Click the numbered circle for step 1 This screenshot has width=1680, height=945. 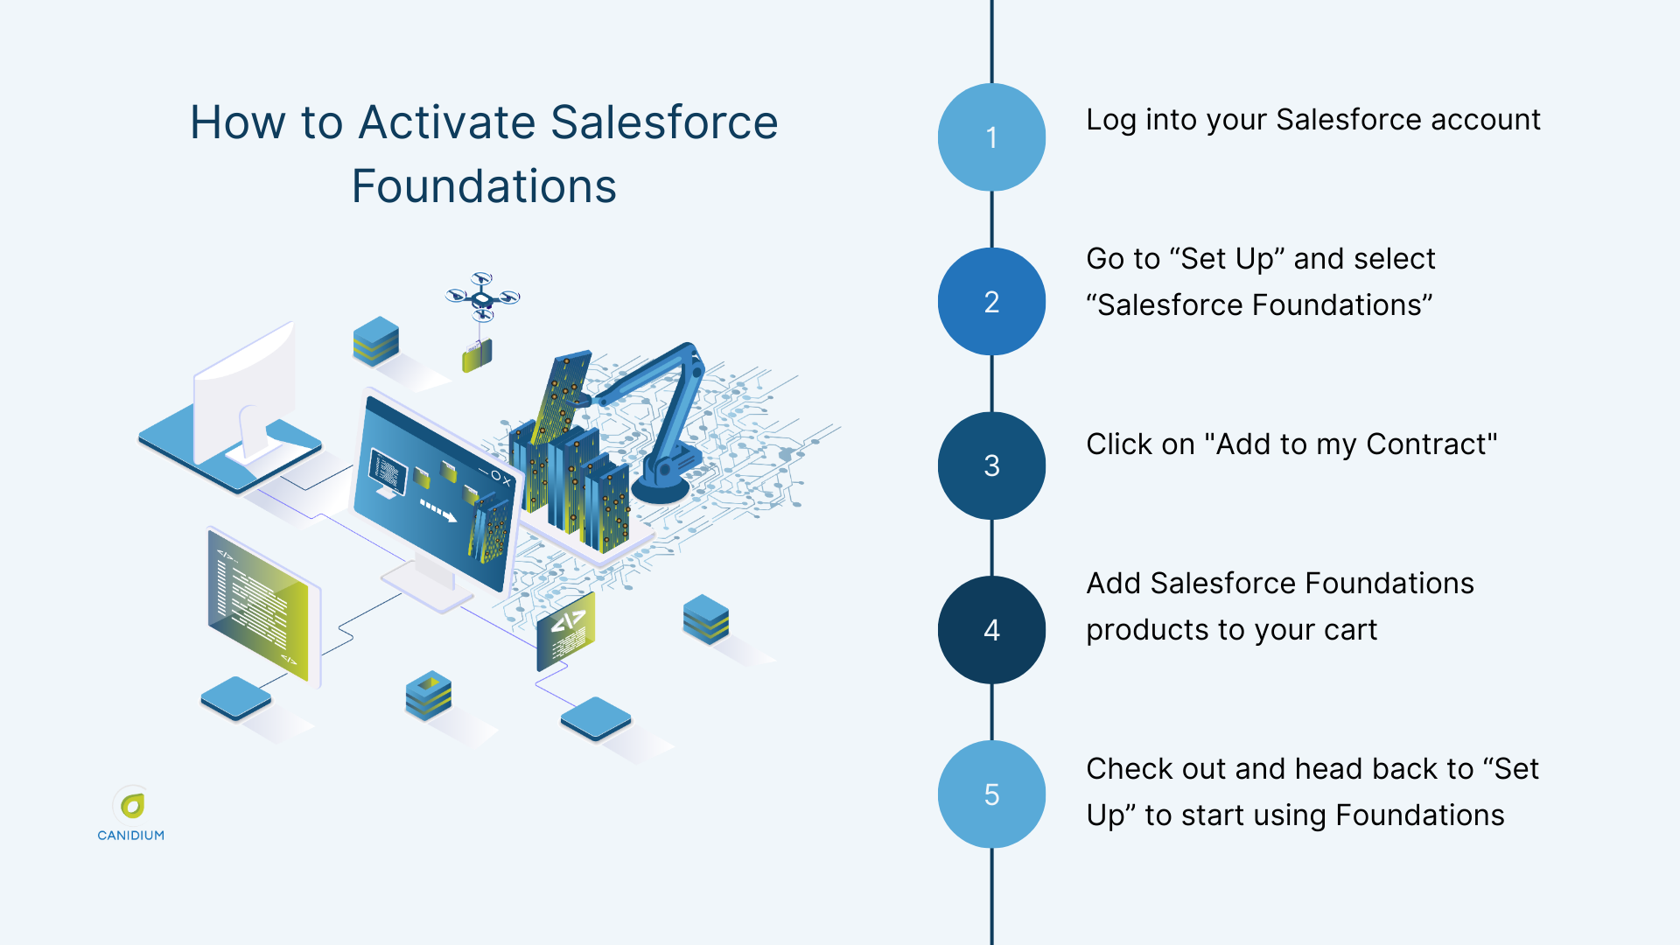pos(991,137)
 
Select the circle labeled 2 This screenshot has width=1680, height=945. pos(991,302)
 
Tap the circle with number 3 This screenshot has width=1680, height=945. pos(991,465)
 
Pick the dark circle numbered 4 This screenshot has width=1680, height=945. pos(991,630)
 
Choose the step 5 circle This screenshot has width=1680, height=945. pos(991,794)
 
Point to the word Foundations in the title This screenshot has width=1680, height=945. pos(484,186)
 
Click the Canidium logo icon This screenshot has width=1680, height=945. pos(132,805)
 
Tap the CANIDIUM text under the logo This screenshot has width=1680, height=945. pos(131,836)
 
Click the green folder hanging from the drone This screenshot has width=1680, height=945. pos(477,355)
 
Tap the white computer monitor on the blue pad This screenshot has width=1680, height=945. pos(245,394)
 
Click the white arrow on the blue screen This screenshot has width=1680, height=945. pos(438,510)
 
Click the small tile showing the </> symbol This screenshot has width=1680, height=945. pos(566,630)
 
